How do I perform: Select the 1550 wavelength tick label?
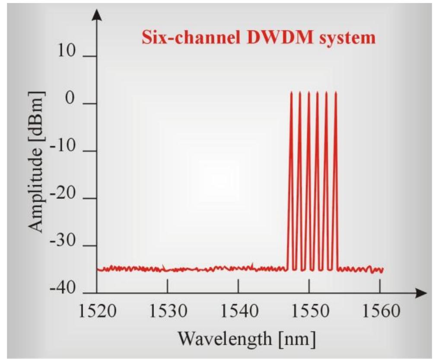coord(309,311)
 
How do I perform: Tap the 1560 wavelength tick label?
coord(380,311)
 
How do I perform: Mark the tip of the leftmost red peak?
coord(291,92)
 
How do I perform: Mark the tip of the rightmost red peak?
coord(336,92)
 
